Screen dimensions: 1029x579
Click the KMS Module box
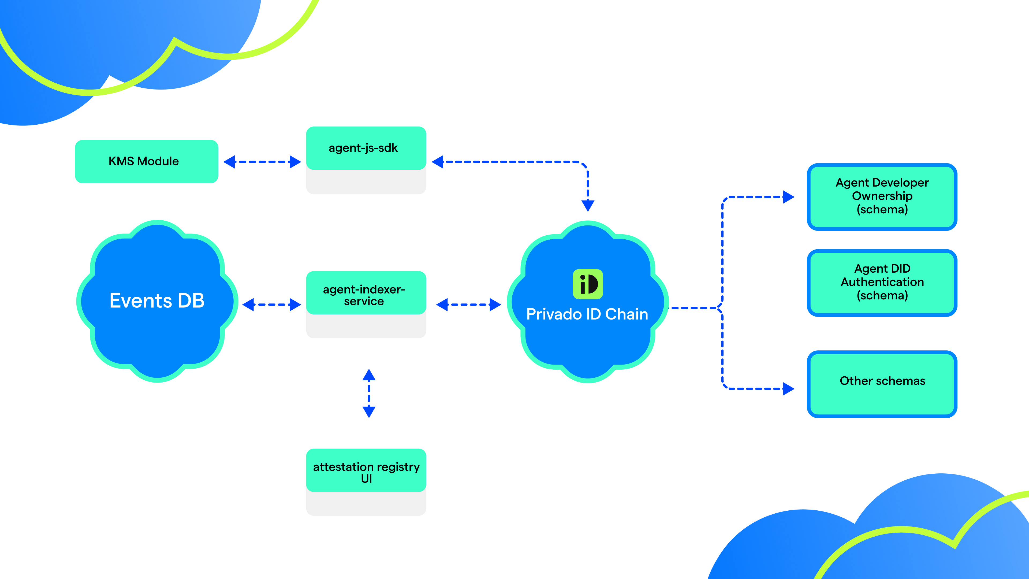(x=147, y=161)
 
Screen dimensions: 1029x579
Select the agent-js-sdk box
(x=366, y=148)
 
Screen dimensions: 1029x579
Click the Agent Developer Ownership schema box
(x=882, y=196)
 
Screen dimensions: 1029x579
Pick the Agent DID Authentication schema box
(x=882, y=283)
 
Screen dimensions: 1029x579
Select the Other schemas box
(x=882, y=384)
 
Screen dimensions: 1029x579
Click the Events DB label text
(x=157, y=300)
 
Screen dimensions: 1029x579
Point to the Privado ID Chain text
(x=587, y=314)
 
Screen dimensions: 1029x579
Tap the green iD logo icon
(x=588, y=284)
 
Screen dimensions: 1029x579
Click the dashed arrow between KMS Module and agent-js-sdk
(x=262, y=162)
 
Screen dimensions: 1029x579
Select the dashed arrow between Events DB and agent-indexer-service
(x=272, y=305)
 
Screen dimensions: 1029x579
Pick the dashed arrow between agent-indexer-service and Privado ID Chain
(x=469, y=305)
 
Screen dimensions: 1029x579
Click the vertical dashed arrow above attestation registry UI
(x=369, y=393)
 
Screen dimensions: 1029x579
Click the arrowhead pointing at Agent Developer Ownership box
(x=789, y=197)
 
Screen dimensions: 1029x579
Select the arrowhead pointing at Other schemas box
(x=789, y=389)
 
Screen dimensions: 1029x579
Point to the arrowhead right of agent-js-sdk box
(x=438, y=162)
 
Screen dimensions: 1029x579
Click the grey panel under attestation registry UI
(x=366, y=504)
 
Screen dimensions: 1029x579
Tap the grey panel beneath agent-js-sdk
(x=366, y=182)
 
